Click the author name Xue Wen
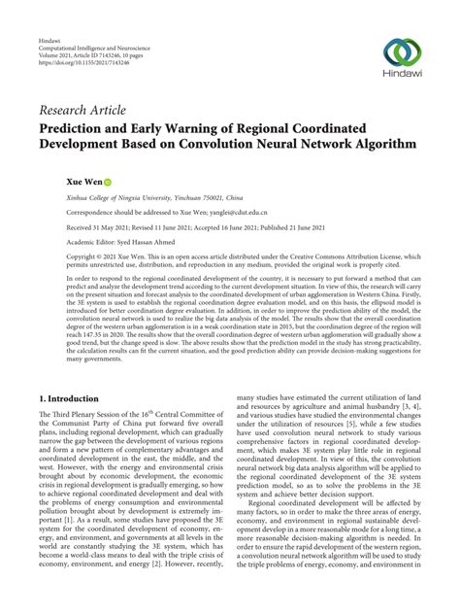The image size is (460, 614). [x=56, y=181]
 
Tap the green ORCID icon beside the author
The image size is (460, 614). [x=82, y=182]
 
